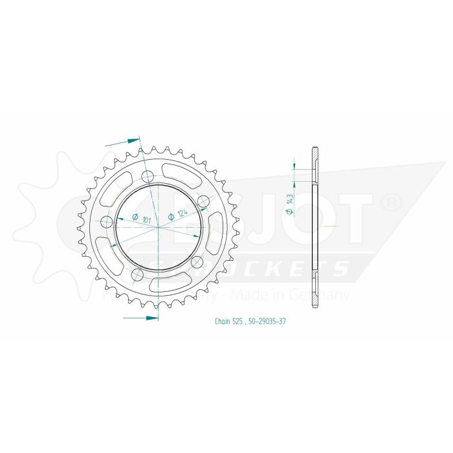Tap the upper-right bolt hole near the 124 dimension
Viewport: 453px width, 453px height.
coord(203,200)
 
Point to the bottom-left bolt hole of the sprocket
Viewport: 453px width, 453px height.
coord(137,275)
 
